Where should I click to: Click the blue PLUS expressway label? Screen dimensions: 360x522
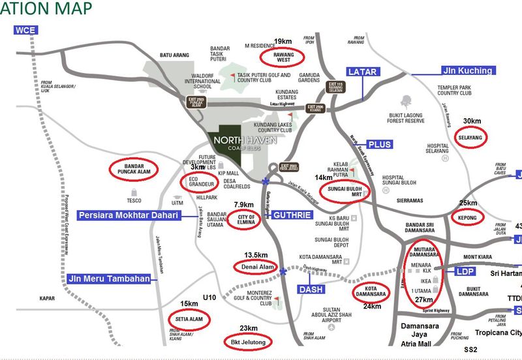point(379,143)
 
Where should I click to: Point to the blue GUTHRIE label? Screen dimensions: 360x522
point(292,214)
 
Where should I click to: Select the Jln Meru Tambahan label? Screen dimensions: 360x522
point(108,278)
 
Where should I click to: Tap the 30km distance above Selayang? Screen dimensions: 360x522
point(472,122)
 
